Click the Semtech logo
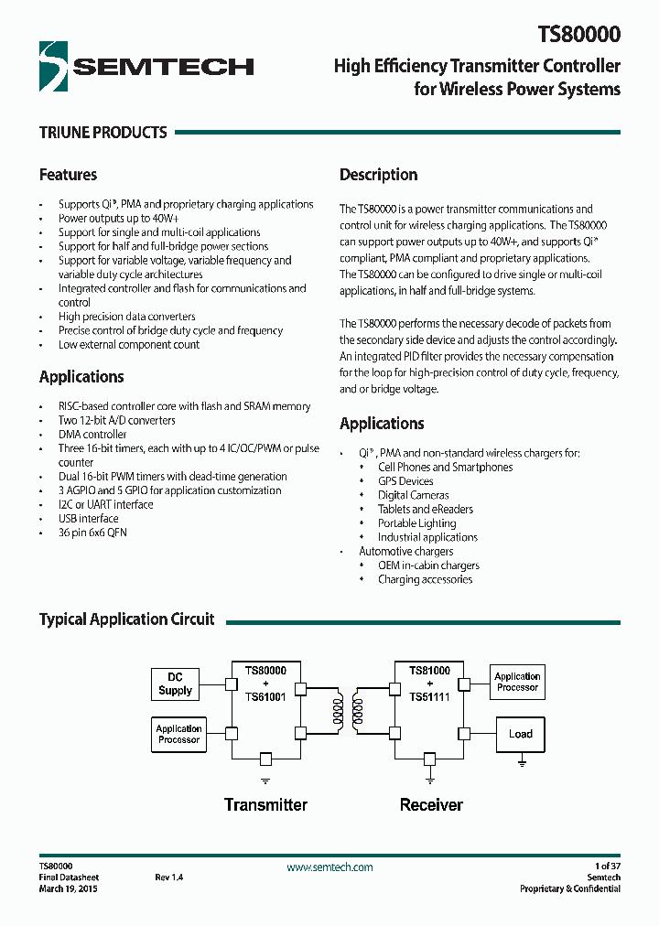(146, 66)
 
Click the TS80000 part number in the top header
(578, 35)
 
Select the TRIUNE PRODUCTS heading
(103, 133)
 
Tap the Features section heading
(68, 175)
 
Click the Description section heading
(378, 175)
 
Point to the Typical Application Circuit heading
(126, 619)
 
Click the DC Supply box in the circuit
(175, 684)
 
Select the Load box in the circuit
(520, 734)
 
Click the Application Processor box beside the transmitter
(178, 734)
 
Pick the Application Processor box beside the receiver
(517, 682)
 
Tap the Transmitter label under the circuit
(265, 805)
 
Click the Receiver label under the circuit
(431, 805)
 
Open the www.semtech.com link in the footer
(329, 867)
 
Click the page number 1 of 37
(607, 866)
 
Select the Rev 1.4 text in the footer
(169, 878)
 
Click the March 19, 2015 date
(68, 888)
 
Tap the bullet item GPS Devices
(405, 481)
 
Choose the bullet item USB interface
(89, 519)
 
